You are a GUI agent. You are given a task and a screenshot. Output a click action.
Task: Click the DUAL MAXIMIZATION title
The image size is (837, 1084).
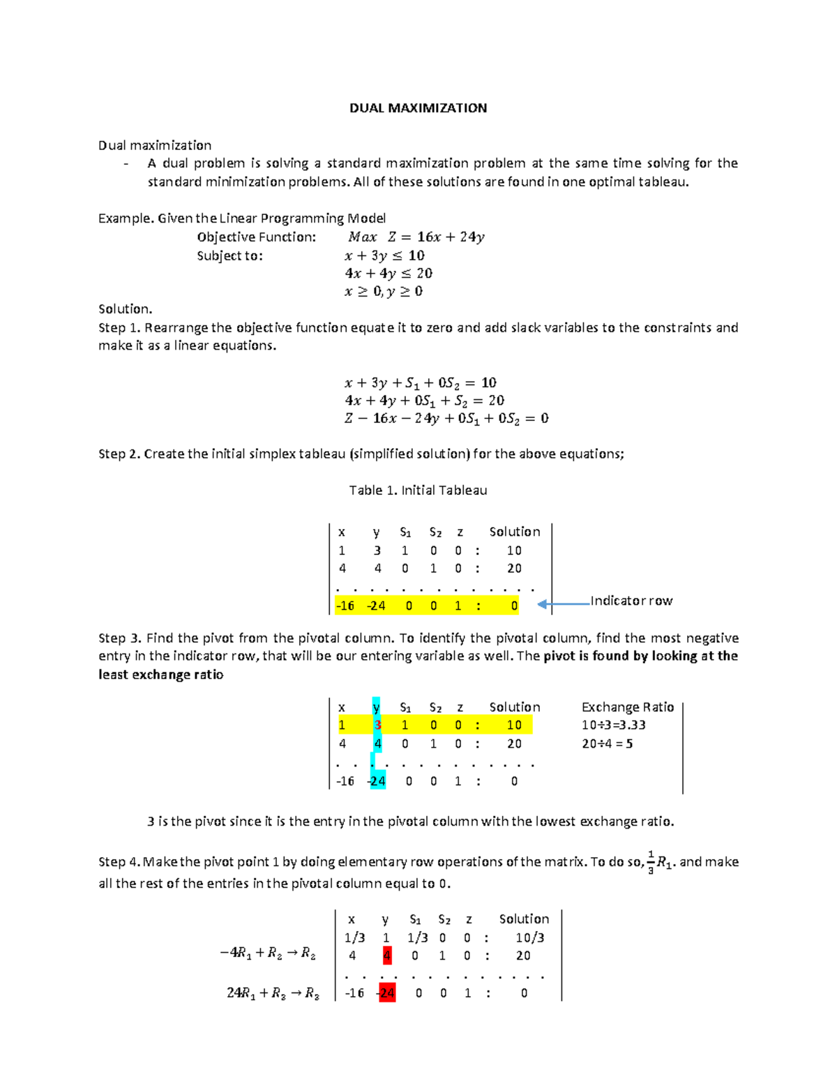tap(418, 108)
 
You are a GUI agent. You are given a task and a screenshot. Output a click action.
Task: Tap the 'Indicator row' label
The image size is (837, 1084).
tap(631, 601)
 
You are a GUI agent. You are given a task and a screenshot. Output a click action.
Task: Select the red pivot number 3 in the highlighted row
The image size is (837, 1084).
tap(377, 725)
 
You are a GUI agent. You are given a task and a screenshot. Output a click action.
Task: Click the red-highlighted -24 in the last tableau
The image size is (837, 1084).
tap(387, 993)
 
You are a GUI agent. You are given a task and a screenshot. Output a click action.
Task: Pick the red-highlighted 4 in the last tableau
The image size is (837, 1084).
tap(387, 956)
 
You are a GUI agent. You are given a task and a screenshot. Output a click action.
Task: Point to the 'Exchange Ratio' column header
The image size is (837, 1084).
tap(628, 707)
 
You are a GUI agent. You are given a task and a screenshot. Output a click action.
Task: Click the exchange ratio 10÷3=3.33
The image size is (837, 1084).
tap(614, 725)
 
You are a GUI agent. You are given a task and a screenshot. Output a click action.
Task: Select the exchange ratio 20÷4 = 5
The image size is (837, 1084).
tap(608, 744)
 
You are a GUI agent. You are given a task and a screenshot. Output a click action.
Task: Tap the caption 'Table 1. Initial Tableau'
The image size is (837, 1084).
tap(418, 491)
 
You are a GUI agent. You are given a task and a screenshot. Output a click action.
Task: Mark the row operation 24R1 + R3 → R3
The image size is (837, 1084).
tap(273, 993)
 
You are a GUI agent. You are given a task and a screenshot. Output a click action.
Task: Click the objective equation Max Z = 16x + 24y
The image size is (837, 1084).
tap(416, 237)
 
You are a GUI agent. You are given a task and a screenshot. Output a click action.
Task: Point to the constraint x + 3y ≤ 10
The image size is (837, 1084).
tap(384, 255)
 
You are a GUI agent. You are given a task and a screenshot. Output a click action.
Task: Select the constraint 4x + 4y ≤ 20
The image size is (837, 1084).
tap(389, 274)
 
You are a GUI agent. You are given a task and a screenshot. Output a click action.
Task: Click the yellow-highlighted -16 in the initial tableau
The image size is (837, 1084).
tap(345, 606)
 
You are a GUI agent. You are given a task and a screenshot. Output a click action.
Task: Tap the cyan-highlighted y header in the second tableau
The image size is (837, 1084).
tap(377, 707)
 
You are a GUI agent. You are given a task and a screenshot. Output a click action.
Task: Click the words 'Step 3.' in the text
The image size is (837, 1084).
tap(120, 638)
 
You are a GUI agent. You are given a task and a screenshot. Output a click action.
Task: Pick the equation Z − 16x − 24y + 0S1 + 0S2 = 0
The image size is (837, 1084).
tap(446, 419)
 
